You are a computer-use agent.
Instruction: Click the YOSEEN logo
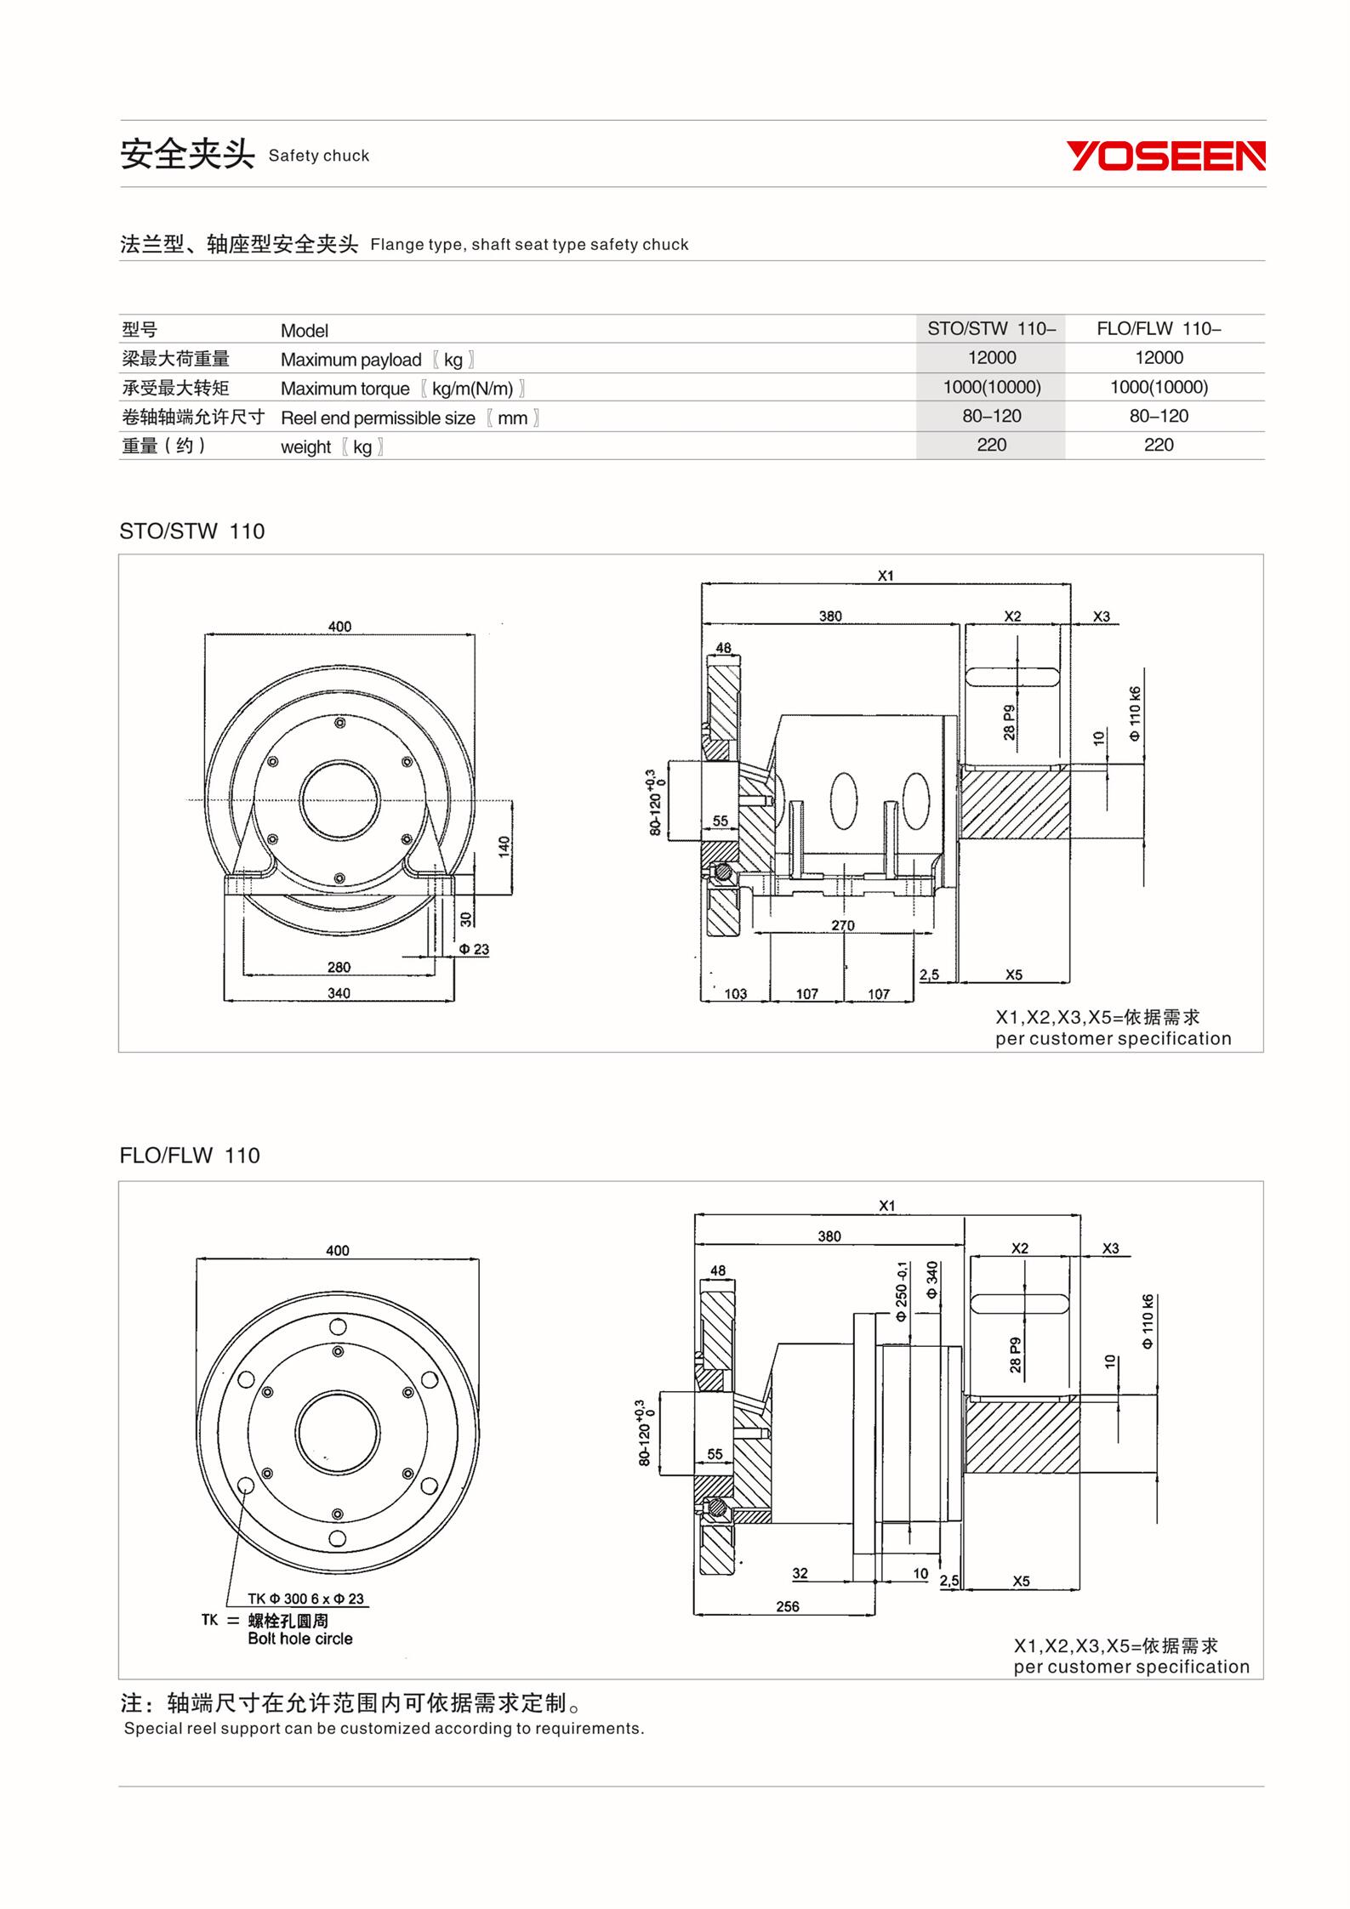tap(1165, 156)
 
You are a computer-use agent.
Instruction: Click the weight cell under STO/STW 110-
tap(991, 445)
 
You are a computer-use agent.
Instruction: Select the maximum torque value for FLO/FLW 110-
tap(1159, 388)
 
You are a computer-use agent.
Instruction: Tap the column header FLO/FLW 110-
tap(1159, 329)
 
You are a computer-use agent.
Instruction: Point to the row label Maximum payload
tap(350, 360)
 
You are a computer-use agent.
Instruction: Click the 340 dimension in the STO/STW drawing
tap(339, 992)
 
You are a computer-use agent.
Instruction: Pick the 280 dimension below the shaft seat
tap(339, 967)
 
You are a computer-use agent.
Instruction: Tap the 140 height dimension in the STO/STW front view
tap(504, 846)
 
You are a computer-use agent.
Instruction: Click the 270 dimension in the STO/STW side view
tap(842, 925)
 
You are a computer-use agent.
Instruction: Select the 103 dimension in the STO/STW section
tap(735, 993)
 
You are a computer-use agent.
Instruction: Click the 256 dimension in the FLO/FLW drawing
tap(788, 1606)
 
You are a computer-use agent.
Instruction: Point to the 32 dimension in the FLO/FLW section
tap(800, 1573)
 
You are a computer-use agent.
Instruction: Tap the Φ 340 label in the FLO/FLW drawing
tap(932, 1280)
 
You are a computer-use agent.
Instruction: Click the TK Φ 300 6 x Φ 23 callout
tap(305, 1599)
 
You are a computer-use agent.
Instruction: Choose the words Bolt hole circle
tap(300, 1639)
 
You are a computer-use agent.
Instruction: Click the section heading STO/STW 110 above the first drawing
tap(192, 531)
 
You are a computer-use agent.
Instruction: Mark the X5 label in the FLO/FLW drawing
tap(1021, 1581)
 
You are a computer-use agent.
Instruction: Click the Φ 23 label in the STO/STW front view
tap(474, 949)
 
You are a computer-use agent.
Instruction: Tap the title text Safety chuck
tap(319, 156)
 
